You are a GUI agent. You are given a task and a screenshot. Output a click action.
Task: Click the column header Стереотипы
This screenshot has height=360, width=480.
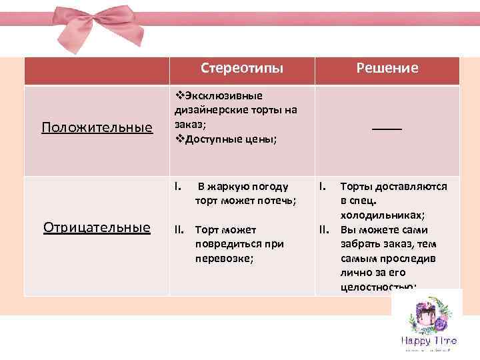241,68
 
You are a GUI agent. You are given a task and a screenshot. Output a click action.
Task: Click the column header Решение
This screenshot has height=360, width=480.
387,68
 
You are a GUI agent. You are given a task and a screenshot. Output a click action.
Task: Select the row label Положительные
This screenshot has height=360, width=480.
97,127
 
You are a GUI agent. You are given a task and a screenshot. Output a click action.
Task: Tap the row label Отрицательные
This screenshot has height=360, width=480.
97,227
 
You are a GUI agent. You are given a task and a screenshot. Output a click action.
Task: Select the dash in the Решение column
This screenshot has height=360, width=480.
387,127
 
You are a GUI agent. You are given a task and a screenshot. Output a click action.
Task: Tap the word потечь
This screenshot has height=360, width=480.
276,200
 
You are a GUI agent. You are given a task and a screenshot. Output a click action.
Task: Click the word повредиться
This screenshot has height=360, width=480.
227,244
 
